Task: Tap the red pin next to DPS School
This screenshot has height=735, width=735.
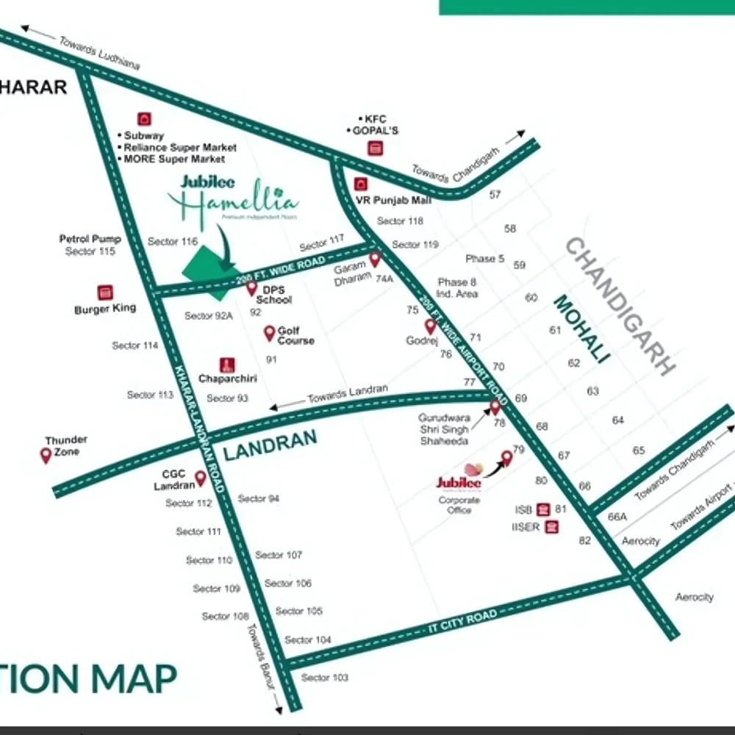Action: tap(251, 288)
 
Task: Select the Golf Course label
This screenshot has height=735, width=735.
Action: tap(295, 336)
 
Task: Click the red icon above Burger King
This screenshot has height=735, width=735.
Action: tap(105, 293)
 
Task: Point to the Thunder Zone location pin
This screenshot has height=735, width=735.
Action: tap(46, 455)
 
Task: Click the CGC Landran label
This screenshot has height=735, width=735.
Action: tap(174, 480)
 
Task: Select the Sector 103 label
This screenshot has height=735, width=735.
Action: tap(324, 677)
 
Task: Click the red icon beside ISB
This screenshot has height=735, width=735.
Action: tap(543, 509)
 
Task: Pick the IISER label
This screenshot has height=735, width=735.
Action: tap(526, 527)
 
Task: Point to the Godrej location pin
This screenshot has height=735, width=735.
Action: tap(430, 326)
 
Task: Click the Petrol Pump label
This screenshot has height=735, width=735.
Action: tap(90, 239)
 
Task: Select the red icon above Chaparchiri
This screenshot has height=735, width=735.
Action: tap(228, 365)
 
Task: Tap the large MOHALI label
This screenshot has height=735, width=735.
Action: tap(581, 329)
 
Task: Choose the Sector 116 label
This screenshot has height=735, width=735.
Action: tap(173, 241)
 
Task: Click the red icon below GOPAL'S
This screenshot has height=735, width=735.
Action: tap(376, 148)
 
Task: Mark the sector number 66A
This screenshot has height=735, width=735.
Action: tap(617, 517)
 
